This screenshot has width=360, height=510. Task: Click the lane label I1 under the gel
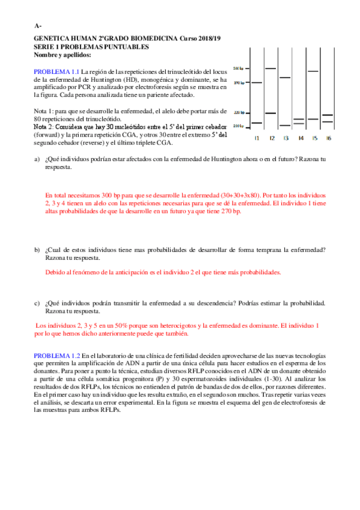coord(257,138)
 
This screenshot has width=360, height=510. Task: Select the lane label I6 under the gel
coord(328,138)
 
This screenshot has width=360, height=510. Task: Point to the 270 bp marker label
coord(238,82)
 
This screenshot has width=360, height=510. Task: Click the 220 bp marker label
coord(238,112)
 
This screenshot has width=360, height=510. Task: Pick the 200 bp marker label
coord(238,126)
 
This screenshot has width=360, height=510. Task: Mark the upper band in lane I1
coord(257,82)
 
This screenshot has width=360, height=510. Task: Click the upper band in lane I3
coord(285,78)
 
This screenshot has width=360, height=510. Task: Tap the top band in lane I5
coord(313,71)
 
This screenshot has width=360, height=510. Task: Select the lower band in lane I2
coord(270,113)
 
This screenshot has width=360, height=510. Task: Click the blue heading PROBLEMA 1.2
coord(56,356)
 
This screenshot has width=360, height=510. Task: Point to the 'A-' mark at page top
coord(38,26)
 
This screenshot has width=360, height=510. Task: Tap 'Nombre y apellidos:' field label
coord(63,55)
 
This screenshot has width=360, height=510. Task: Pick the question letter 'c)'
coord(37,303)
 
